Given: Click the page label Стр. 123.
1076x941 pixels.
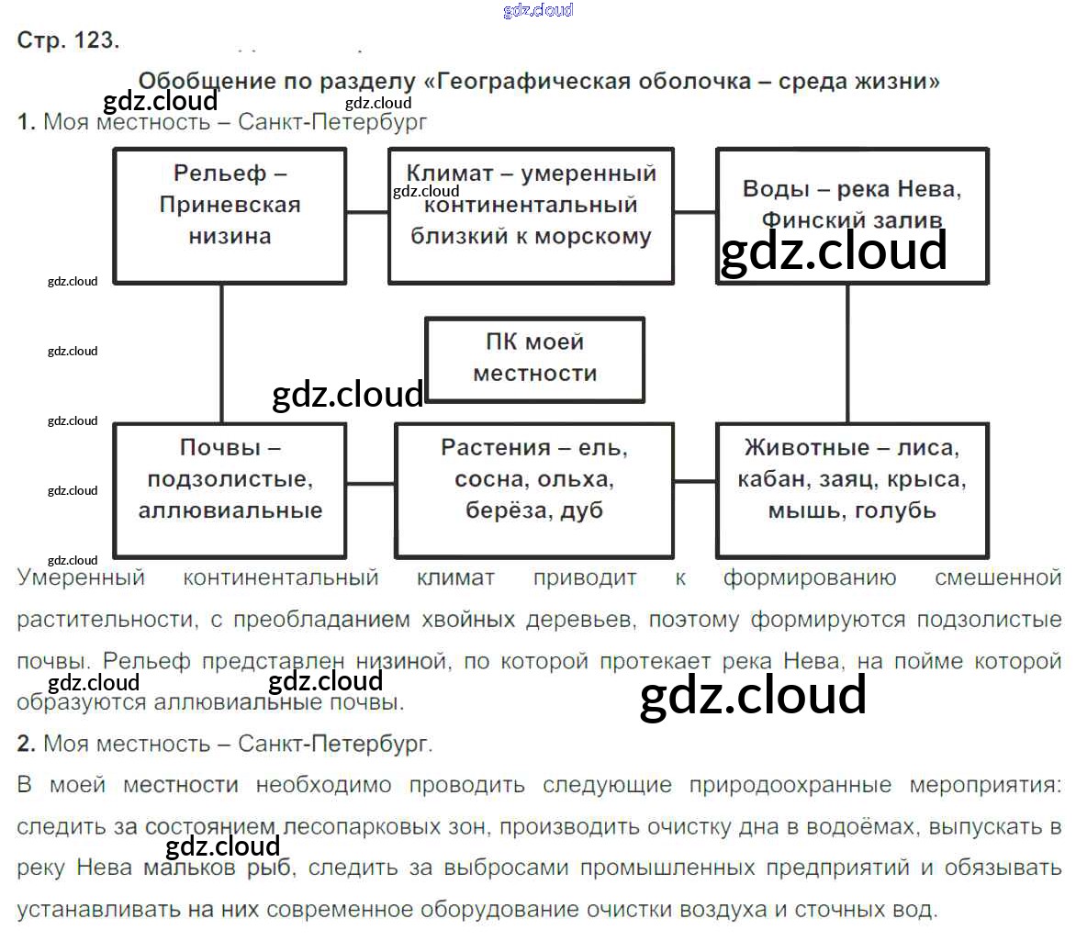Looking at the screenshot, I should click(68, 40).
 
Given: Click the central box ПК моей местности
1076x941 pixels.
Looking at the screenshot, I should click(534, 358).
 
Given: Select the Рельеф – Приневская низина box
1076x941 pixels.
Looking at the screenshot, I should click(230, 215).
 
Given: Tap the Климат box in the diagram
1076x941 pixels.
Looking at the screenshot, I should click(531, 215).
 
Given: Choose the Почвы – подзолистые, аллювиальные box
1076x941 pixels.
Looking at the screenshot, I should click(230, 488).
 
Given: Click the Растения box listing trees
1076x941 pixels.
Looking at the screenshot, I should click(534, 488).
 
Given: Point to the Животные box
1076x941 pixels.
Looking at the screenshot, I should click(852, 488).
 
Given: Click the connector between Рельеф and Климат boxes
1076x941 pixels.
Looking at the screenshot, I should click(367, 212).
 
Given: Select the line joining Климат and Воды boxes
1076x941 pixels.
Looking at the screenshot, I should click(695, 212).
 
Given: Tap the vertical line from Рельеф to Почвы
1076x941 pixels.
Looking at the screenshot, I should click(221, 353).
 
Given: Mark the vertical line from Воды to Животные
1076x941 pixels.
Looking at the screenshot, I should click(847, 353).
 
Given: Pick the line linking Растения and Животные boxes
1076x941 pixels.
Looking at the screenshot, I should click(695, 480).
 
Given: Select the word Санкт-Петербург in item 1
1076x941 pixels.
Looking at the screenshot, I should click(332, 122).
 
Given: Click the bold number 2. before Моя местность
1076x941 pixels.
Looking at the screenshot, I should click(26, 745).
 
